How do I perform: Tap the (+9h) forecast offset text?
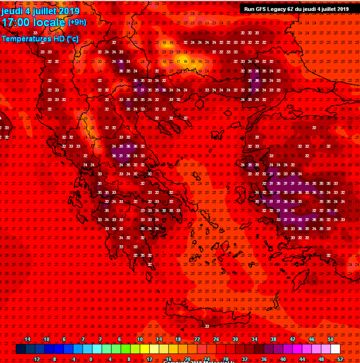(77, 22)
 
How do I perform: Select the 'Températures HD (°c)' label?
(40, 39)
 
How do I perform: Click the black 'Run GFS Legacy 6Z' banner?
(296, 9)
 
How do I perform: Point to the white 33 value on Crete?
(207, 326)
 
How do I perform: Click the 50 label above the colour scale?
(331, 339)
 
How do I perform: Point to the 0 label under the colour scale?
(90, 359)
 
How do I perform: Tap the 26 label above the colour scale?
(216, 339)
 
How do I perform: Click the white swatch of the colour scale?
(335, 349)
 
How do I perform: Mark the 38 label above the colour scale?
(273, 339)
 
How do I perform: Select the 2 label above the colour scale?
(100, 339)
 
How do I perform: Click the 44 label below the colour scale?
(302, 359)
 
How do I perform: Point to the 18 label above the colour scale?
(178, 339)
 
